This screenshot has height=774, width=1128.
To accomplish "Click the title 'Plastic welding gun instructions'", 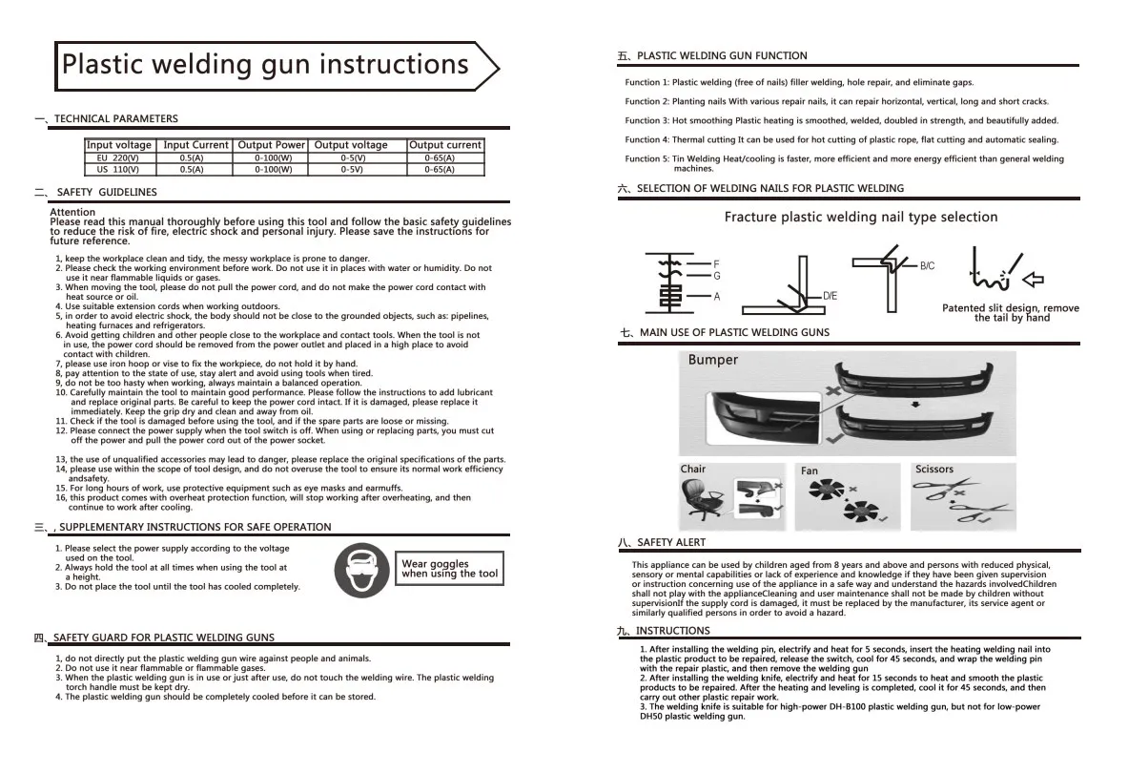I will point(265,65).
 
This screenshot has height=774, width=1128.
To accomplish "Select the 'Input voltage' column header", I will point(119,145).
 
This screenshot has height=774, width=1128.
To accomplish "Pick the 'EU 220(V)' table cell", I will point(119,157).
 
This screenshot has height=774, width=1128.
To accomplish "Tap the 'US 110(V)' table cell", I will point(119,169).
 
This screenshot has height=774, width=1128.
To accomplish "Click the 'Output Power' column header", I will point(272,145).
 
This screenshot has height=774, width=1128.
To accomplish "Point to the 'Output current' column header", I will point(445,145).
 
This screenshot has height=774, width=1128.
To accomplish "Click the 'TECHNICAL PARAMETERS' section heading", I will point(115,119).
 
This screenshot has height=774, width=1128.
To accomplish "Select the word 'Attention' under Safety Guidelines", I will point(72,212).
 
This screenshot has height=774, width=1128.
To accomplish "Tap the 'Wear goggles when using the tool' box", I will point(449,570).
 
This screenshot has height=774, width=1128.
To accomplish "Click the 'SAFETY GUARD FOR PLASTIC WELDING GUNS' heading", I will point(163,638).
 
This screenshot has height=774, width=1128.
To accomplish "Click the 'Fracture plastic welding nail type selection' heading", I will point(860,218).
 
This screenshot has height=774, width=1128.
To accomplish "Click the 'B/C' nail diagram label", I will point(926,266).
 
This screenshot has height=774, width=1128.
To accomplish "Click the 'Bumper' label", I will point(712,360).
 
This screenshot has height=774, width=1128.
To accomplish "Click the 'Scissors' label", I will point(933,470).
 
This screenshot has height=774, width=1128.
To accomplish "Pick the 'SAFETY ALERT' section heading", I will point(671,542).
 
